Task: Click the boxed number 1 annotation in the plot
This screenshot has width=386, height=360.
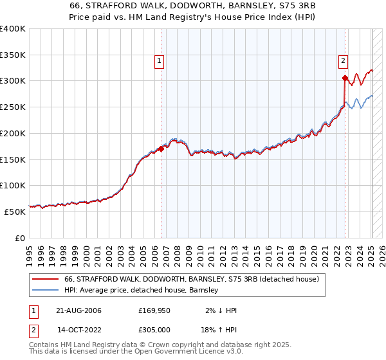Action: [x=159, y=61]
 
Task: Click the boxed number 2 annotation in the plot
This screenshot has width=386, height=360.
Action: [x=343, y=61]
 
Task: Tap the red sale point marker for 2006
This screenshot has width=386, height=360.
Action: [x=161, y=148]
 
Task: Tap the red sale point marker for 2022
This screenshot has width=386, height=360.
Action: [x=345, y=78]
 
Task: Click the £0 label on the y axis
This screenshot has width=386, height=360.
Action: [x=20, y=238]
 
